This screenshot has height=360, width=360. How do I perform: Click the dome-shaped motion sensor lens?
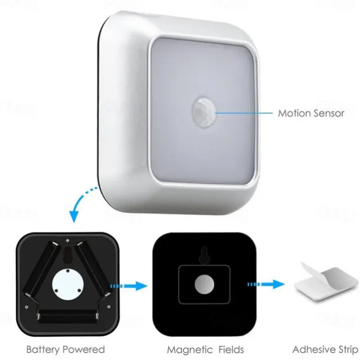coord(204,112)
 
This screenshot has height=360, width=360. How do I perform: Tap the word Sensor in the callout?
coord(329,113)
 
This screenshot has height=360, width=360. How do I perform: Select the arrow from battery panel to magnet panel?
coord(129,286)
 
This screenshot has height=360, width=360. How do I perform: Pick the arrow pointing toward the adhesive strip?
coord(266,284)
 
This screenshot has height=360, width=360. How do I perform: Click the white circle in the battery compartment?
coord(67,284)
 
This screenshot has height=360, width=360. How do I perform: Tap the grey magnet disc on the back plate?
coord(204,284)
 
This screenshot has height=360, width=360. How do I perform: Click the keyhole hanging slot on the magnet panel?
coord(204,256)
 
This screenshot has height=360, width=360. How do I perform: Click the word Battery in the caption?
coord(43,349)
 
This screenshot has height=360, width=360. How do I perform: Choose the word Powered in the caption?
coord(84,349)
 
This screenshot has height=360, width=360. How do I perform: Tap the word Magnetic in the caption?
coord(190,350)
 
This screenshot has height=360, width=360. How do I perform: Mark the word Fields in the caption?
coord(231,350)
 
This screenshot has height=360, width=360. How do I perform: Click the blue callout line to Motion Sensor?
coord(244,113)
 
